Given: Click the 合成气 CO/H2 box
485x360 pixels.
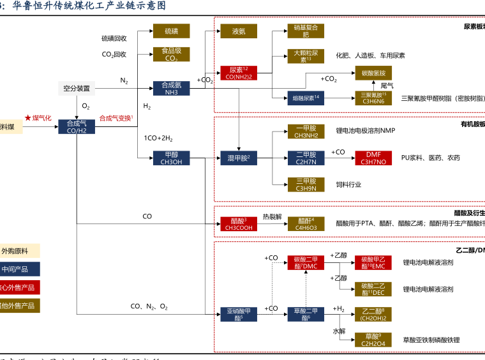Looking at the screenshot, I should click(x=77, y=126).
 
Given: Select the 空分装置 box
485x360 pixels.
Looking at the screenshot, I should click(x=77, y=88).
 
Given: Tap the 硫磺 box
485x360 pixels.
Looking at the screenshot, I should click(x=172, y=31).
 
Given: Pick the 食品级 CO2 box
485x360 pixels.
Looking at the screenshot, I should click(x=172, y=54).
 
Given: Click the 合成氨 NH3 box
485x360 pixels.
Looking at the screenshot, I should click(x=172, y=88).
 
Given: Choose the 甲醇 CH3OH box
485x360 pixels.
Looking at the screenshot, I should click(x=172, y=158).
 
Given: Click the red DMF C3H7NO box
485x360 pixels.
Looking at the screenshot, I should click(x=373, y=158).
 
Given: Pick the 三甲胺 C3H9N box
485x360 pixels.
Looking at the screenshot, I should click(x=306, y=184).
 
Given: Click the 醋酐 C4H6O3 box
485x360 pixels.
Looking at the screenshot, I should click(x=306, y=223).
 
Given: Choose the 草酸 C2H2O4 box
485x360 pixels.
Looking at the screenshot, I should click(x=373, y=340).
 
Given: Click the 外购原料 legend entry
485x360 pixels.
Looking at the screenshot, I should click(x=19, y=251).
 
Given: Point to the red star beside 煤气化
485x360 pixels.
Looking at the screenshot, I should click(x=27, y=118).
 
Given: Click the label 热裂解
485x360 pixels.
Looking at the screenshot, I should click(x=272, y=216).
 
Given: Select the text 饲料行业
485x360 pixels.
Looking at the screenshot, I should click(x=348, y=184).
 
